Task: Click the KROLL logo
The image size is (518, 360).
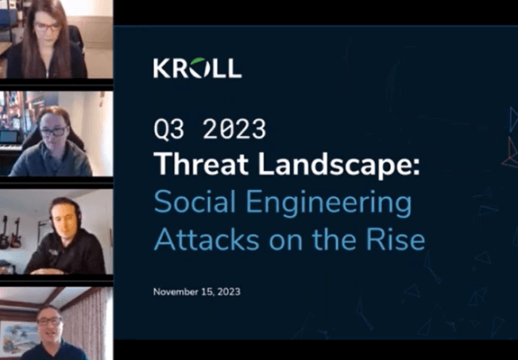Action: pos(197,68)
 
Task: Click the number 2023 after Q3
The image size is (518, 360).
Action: pos(234,129)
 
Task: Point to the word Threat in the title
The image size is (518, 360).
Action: pos(201,164)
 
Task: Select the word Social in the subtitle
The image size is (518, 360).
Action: pos(195,202)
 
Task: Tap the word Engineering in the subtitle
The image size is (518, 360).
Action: pos(329,204)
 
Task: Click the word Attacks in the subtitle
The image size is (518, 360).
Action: pos(207,239)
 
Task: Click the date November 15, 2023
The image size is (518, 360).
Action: pos(197,292)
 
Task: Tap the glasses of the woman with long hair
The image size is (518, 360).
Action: pos(48,26)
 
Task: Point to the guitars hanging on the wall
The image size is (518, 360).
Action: pos(10,232)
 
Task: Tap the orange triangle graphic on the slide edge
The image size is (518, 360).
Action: pos(511,153)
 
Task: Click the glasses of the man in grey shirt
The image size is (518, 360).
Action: pos(53,131)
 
